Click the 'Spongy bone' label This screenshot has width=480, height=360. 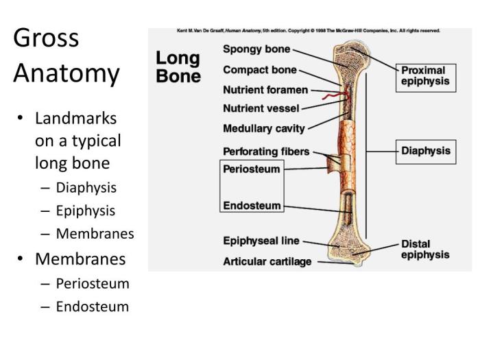pos(256,49)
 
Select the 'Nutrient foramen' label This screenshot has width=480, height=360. pos(265,90)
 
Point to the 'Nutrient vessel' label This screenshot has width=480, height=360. pos(261,108)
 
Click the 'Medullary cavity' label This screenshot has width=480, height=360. pos(264,128)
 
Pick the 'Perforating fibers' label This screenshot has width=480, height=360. pos(266,151)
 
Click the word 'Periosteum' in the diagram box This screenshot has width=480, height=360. pos(252,168)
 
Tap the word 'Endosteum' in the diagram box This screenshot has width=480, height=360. pos(252,205)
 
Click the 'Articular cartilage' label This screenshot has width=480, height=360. pos(267,261)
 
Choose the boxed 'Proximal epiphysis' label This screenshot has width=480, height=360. pos(425,75)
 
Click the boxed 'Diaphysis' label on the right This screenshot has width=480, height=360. pos(426,151)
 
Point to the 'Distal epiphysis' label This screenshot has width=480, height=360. pos(425,249)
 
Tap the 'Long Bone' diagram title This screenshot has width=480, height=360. pos(178,67)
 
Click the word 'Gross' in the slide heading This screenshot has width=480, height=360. pos(46,38)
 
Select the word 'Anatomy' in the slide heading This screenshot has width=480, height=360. pos(66,73)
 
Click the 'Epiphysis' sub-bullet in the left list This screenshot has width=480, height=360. pos(86,211)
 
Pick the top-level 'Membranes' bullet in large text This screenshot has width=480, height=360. pos(80,259)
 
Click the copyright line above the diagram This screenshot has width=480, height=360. pos(309,31)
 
